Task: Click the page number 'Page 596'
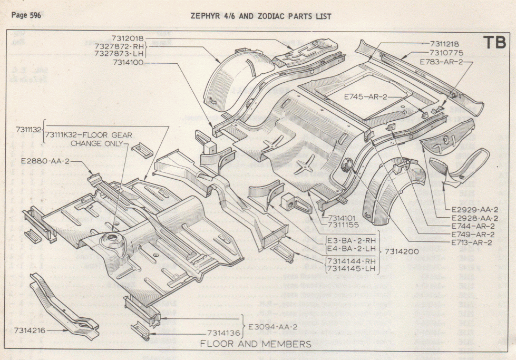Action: [x=26, y=15]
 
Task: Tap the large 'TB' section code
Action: [x=494, y=43]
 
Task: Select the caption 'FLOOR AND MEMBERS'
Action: [x=256, y=344]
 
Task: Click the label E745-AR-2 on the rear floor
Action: [x=366, y=97]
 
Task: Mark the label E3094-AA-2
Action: [x=272, y=326]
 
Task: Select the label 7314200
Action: [x=401, y=251]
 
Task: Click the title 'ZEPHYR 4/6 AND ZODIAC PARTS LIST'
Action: [x=261, y=16]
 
